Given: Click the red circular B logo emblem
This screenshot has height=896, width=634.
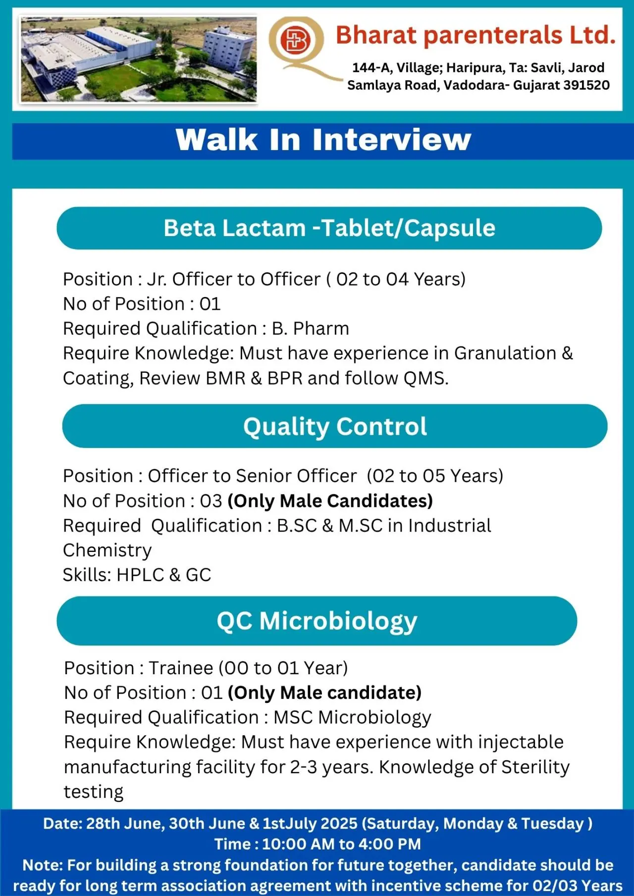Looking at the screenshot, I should [295, 40].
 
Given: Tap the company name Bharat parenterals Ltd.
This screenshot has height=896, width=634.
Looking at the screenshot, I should [475, 36].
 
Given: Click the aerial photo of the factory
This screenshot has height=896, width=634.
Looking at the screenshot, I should [138, 59].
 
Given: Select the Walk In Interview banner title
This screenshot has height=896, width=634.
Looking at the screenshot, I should [323, 140].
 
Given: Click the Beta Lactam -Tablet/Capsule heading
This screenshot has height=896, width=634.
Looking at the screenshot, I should [329, 228].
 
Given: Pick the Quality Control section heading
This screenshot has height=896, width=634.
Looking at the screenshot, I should [335, 426].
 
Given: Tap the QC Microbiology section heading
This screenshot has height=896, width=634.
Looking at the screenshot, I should [317, 621].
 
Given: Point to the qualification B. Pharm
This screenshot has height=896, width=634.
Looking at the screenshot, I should [311, 329].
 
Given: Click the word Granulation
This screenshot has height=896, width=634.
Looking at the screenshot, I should [505, 353].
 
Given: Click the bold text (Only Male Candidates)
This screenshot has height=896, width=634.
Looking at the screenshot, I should [330, 501].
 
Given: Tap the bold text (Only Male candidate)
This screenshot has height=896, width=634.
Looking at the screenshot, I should [324, 693].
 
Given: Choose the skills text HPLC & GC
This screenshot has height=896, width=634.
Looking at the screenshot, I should [163, 575].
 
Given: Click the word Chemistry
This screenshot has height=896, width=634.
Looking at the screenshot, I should [107, 550].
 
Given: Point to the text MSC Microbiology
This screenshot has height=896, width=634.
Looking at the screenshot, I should [352, 717].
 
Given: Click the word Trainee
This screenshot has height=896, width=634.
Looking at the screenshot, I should [181, 668].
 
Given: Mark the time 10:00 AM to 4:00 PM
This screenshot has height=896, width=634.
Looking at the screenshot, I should [341, 844].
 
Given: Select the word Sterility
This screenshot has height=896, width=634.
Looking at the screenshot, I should [535, 767].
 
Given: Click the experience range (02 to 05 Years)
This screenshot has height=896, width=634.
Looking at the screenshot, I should [435, 476].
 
